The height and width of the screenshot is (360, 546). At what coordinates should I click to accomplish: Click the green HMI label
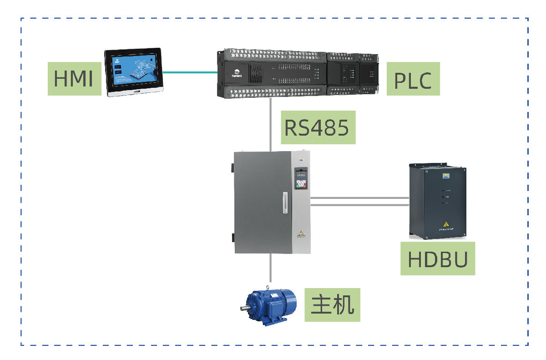74,79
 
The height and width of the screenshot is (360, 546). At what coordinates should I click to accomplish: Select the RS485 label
318,128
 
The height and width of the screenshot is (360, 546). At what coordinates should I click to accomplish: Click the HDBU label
437,259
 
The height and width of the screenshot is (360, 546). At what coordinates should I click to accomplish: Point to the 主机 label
332,304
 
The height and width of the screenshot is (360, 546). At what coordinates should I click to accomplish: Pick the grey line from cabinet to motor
271,269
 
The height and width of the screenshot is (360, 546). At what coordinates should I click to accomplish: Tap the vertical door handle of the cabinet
285,203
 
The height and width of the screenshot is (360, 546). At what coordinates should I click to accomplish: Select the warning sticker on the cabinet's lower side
300,233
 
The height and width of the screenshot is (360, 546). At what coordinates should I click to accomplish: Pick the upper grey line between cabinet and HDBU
359,198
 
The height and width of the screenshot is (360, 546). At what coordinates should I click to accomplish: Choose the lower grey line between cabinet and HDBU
359,205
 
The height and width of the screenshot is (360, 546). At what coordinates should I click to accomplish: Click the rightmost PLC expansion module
369,73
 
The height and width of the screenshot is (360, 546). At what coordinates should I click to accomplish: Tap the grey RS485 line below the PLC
271,123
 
